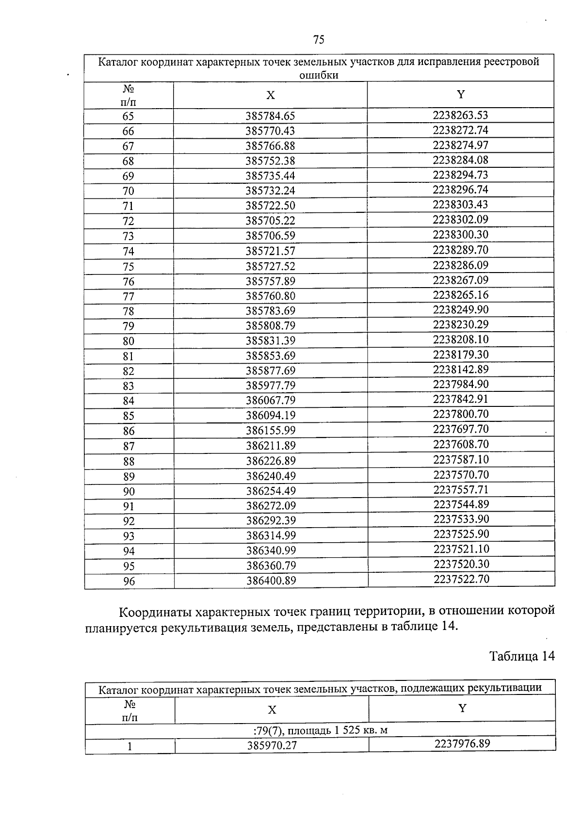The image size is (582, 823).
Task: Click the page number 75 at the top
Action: pos(319,40)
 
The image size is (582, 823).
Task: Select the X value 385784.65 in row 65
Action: pos(270,116)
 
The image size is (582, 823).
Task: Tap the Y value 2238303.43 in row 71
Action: pos(460,205)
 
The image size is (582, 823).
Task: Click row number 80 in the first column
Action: pos(129,341)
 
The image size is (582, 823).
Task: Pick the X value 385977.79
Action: pos(271,386)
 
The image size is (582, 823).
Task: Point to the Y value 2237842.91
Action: pos(461,399)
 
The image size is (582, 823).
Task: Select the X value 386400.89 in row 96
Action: pos(271,581)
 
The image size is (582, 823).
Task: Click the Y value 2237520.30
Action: pos(461,564)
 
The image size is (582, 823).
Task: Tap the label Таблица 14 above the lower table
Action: pos(521,656)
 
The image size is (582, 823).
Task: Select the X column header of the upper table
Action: pos(270,96)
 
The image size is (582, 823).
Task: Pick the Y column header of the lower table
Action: pos(462,709)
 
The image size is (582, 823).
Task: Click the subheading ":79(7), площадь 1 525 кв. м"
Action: pos(320,730)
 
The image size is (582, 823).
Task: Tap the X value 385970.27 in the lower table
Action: pos(272,745)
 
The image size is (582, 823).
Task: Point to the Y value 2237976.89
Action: pos(462,743)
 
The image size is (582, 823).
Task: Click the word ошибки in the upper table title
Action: pos(319,75)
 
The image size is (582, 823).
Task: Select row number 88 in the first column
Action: pos(129,461)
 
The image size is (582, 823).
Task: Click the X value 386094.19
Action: pos(271,416)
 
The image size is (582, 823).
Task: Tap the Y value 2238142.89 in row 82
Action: pos(461,370)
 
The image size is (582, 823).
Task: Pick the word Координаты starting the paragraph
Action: pos(153,611)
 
